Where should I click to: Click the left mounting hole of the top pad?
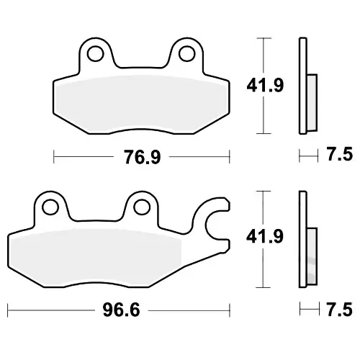point(96,53)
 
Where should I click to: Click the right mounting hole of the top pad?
point(186,53)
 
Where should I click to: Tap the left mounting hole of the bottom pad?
point(50,207)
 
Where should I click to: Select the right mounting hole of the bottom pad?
point(142,207)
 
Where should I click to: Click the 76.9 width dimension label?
point(142,157)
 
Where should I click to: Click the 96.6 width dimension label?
point(121,310)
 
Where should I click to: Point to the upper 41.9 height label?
point(265,85)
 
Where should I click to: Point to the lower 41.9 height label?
point(265,236)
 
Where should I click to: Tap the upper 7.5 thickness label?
point(340,154)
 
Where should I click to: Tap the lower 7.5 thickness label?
point(339,310)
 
